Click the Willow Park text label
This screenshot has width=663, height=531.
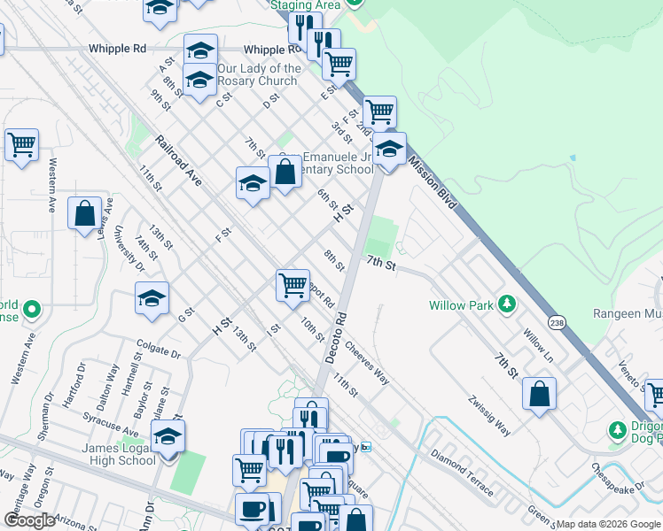pyautogui.click(x=460, y=305)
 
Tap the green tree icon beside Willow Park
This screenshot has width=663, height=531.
pyautogui.click(x=506, y=304)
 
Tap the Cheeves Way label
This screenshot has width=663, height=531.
pyautogui.click(x=367, y=363)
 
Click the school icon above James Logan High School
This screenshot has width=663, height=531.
pyautogui.click(x=168, y=435)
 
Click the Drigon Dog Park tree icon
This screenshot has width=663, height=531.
pyautogui.click(x=618, y=430)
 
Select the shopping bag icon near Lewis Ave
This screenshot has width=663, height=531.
pyautogui.click(x=85, y=213)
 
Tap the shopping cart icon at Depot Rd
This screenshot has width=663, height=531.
pyautogui.click(x=292, y=285)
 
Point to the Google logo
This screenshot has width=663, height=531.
pyautogui.click(x=29, y=520)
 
